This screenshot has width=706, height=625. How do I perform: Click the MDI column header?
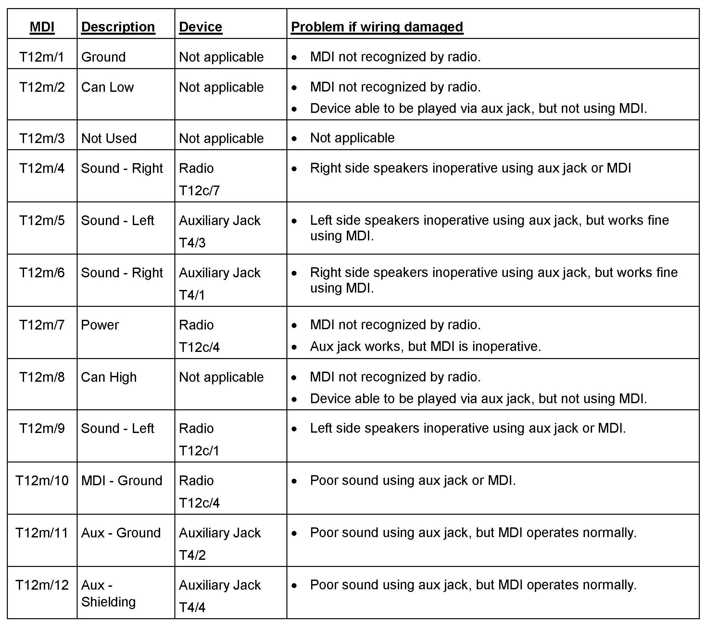pyautogui.click(x=42, y=27)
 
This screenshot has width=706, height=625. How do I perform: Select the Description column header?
pyautogui.click(x=118, y=27)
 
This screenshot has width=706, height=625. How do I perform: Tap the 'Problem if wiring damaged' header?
pyautogui.click(x=377, y=27)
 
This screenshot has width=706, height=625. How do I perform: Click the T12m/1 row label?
pyautogui.click(x=42, y=57)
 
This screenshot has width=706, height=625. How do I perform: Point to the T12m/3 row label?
pyautogui.click(x=42, y=138)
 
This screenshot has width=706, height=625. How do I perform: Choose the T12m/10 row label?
pyautogui.click(x=42, y=480)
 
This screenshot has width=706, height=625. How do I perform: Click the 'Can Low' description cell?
pyautogui.click(x=107, y=87)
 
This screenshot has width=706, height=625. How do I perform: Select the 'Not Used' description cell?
pyautogui.click(x=109, y=138)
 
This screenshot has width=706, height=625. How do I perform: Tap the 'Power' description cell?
pyautogui.click(x=100, y=325)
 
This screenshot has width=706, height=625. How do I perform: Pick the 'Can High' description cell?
pyautogui.click(x=109, y=377)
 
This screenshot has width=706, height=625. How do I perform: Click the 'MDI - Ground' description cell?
pyautogui.click(x=121, y=480)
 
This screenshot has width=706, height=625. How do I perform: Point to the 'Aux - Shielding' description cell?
pyautogui.click(x=108, y=593)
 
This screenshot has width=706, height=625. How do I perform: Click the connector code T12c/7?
pyautogui.click(x=199, y=190)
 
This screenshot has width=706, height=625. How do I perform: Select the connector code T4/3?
pyautogui.click(x=192, y=243)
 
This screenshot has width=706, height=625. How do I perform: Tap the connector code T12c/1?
pyautogui.click(x=199, y=451)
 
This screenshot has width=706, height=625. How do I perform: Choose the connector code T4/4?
pyautogui.click(x=192, y=607)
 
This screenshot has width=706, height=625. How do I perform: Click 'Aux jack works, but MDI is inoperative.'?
pyautogui.click(x=425, y=346)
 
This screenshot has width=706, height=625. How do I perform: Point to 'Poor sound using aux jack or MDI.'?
pyautogui.click(x=413, y=480)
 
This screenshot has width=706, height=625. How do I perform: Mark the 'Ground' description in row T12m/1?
pyautogui.click(x=103, y=57)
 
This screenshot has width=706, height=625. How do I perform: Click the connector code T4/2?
pyautogui.click(x=192, y=555)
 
